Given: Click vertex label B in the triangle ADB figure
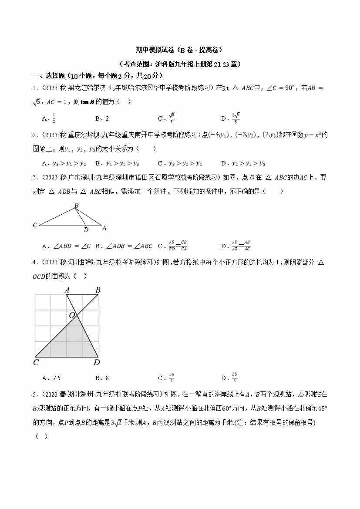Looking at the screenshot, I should coord(76,206).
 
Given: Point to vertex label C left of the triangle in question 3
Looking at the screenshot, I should coord(35,225).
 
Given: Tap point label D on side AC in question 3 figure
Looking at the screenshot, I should coord(86,229).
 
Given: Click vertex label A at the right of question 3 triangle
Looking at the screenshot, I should coord(104,228).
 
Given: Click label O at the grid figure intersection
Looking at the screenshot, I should coord(72,315).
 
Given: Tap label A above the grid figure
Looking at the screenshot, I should coord(67,290).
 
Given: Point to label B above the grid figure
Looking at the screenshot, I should coord(98,290).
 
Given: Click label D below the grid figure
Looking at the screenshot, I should coord(97,362).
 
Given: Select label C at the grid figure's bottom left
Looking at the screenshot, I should coord(36,362).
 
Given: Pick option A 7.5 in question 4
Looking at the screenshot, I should coord(51,378).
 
